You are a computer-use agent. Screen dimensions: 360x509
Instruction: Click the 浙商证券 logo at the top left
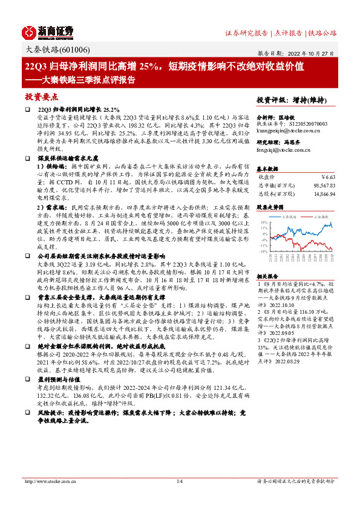(x=48, y=31)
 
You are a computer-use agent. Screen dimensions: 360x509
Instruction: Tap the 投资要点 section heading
(x=41, y=97)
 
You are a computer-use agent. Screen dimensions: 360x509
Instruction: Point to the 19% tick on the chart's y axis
(x=264, y=222)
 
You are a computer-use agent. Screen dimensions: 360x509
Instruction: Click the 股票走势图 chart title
(x=272, y=206)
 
